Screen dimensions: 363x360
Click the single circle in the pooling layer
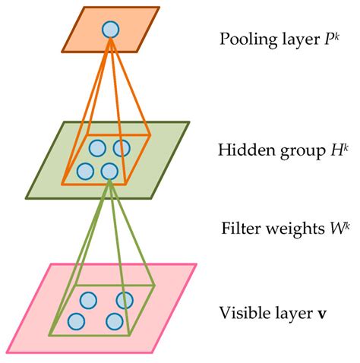(x=110, y=29)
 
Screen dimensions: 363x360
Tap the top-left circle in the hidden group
(x=97, y=147)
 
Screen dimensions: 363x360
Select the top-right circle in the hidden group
(x=122, y=147)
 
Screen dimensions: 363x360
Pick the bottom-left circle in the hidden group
(x=85, y=170)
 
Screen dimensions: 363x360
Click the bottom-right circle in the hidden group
(x=110, y=170)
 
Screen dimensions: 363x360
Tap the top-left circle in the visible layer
(x=88, y=299)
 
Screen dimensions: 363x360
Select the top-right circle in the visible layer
(x=124, y=300)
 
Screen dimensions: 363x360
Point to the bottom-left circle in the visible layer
(x=76, y=320)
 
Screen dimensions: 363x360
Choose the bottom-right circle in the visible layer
(x=114, y=321)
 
